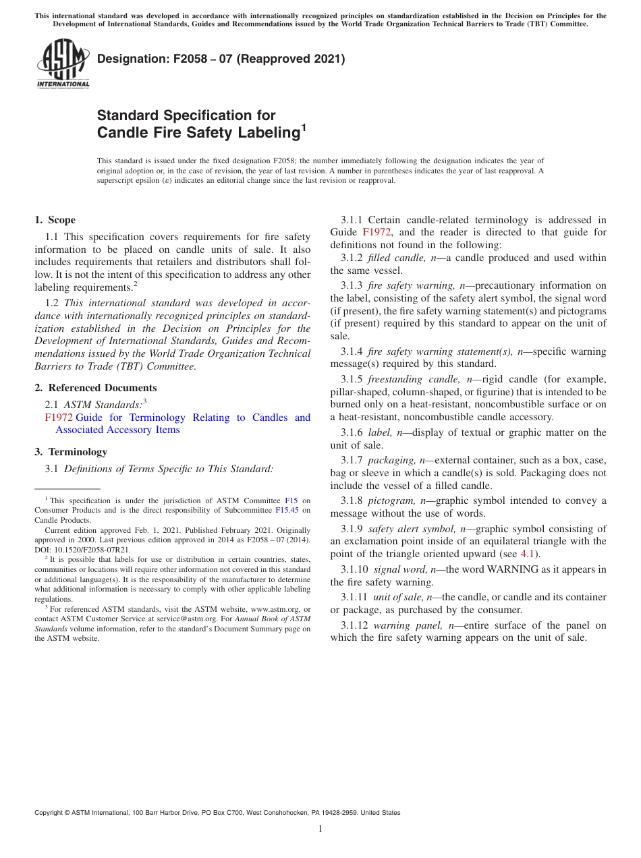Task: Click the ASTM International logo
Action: click(63, 64)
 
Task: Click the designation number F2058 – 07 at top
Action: click(221, 59)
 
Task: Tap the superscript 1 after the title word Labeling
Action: click(303, 126)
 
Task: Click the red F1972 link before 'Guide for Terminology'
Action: click(58, 418)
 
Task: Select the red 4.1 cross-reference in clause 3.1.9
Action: click(531, 554)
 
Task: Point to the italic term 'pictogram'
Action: click(391, 500)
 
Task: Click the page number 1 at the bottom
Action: click(320, 828)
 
